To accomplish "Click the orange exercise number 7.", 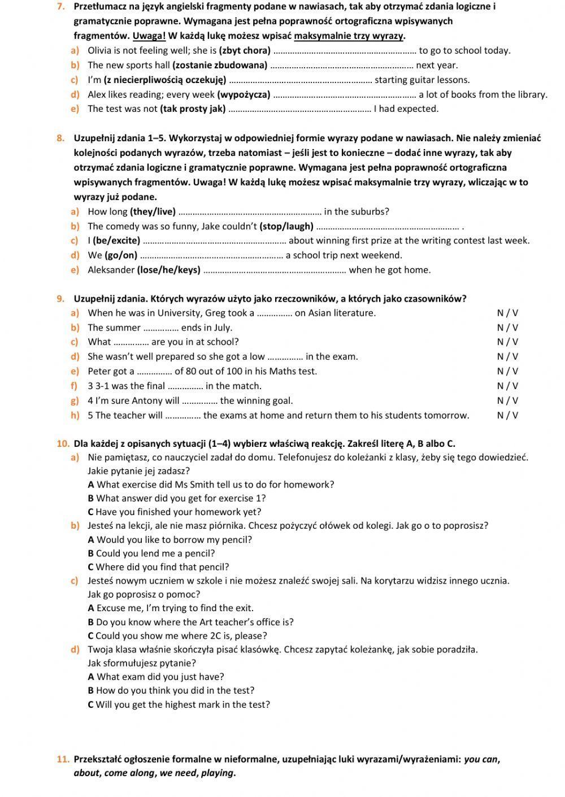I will pos(60,7).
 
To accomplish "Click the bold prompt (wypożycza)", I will pos(244,95).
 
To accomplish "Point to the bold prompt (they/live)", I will pos(153,212).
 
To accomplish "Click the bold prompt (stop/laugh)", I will pos(286,227).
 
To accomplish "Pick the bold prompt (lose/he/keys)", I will pos(168,270).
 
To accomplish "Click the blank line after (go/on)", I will pos(211,256).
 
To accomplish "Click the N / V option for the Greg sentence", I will pos(507,313).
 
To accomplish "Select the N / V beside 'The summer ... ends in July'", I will pos(507,328).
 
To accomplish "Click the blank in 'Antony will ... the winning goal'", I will pos(199,402).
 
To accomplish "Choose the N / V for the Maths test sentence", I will pos(507,372).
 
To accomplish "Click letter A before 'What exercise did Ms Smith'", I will pos(91,485).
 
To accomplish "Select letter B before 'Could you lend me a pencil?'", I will pos(90,554).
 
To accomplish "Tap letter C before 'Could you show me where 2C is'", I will pos(90,636).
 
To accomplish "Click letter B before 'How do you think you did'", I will pos(90,690).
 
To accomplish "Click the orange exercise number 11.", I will pos(63,759).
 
